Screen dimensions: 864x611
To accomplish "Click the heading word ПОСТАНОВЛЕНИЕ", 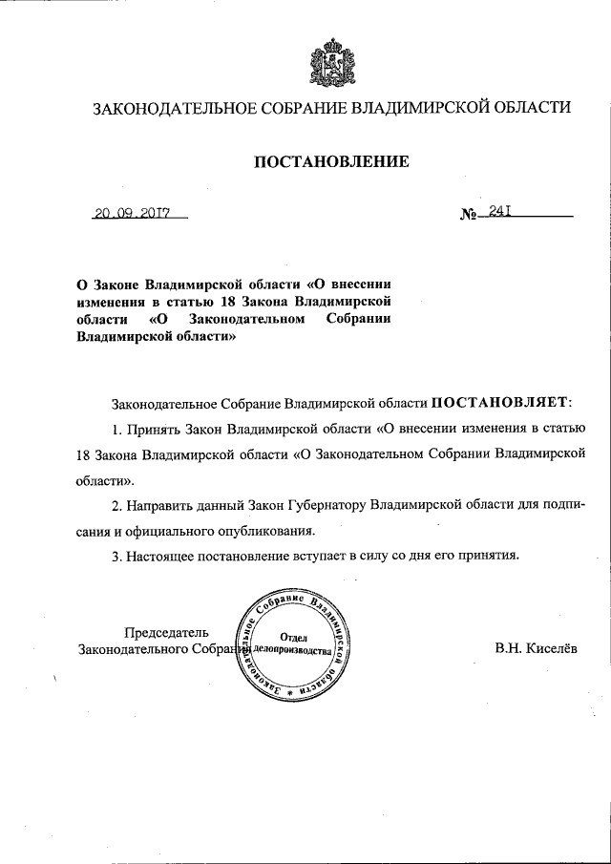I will (x=331, y=162).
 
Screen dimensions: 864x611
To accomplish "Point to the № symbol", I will (x=469, y=217).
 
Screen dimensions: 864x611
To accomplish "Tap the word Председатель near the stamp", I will (x=166, y=631).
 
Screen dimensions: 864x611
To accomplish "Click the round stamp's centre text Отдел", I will (x=293, y=636).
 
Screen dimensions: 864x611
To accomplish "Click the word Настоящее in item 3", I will (x=162, y=554).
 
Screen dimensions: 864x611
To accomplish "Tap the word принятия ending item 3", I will (x=488, y=554).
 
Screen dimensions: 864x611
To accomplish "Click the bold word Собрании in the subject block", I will (x=358, y=319).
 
